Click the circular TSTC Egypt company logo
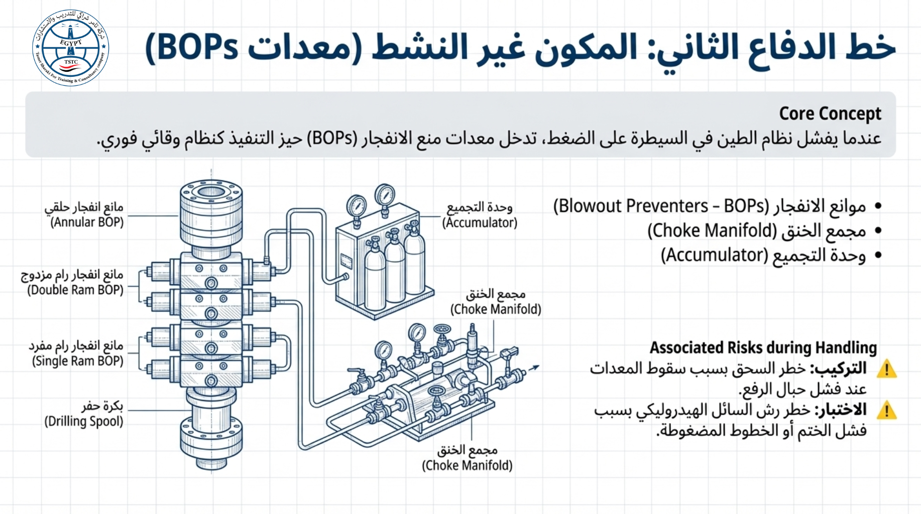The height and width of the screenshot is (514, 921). pyautogui.click(x=70, y=48)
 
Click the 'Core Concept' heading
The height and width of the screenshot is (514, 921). pyautogui.click(x=830, y=114)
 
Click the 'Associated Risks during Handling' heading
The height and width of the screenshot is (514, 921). pyautogui.click(x=763, y=347)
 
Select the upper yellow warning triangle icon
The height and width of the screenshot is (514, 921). pyautogui.click(x=887, y=369)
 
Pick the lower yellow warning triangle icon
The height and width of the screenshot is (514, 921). pyautogui.click(x=887, y=410)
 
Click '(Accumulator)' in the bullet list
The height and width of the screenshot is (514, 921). pyautogui.click(x=714, y=255)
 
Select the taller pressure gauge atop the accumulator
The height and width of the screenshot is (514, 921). pyautogui.click(x=385, y=199)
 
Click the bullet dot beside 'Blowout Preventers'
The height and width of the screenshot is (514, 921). pyautogui.click(x=878, y=206)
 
